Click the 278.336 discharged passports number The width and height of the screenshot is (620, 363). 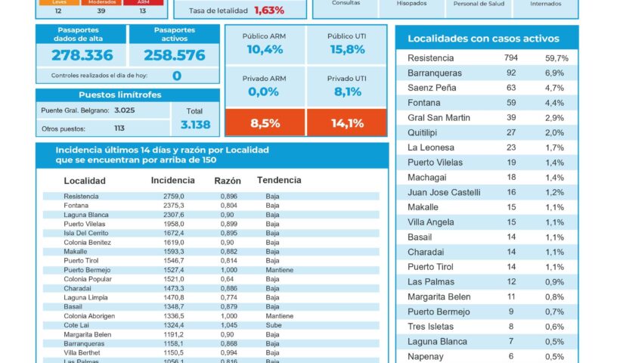coord(82,55)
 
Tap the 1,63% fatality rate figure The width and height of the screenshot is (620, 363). coord(269,11)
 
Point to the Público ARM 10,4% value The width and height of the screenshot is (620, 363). coord(265,50)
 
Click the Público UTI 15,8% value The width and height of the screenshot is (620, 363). coord(346,50)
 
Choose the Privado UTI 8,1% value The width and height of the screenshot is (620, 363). coord(346,92)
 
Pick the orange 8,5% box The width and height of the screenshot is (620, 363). coord(265,123)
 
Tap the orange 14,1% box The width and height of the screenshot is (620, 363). coord(346,123)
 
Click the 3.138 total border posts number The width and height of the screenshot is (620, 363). coord(195,125)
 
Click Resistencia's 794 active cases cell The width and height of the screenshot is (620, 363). coord(511,58)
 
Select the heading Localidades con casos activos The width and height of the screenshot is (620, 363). coord(483,39)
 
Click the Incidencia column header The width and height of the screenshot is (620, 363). coord(172,181)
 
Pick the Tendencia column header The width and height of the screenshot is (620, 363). coord(279,181)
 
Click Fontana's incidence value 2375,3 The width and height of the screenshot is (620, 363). coord(173,206)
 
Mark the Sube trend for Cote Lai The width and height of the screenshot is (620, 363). coord(273,324)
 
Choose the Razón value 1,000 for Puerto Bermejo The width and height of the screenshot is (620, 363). coord(228,270)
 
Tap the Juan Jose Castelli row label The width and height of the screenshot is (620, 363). coord(444,192)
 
